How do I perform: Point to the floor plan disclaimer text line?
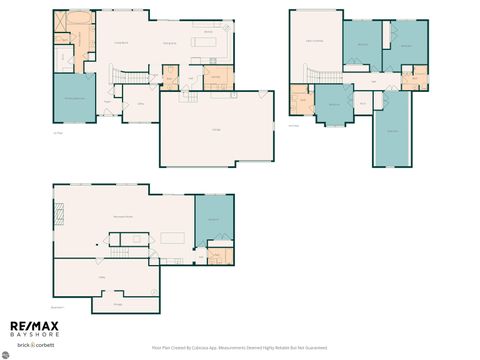pos(240,349)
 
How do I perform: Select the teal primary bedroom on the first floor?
pos(74,97)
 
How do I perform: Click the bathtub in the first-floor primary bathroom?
pos(77,21)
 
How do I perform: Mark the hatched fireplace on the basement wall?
pos(60,211)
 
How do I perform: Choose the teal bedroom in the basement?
pos(213,220)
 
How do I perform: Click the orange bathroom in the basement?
pos(224,256)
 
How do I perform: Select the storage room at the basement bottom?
pos(118,303)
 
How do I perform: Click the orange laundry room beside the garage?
pos(215,77)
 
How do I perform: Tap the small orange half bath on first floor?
pos(170,77)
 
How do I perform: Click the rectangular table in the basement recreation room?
pos(175,238)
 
